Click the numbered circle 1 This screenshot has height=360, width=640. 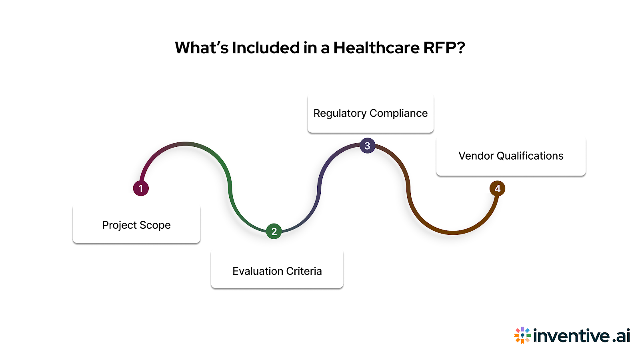click(141, 188)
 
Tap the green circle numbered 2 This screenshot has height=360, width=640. click(274, 231)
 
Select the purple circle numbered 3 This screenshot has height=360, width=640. click(367, 146)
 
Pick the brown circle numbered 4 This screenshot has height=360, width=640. click(497, 188)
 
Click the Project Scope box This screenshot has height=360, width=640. click(136, 224)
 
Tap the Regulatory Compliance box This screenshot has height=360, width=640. click(370, 114)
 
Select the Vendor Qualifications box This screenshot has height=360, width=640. click(511, 156)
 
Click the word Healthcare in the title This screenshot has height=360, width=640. click(376, 48)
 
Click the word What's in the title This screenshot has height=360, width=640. click(201, 48)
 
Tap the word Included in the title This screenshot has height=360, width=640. click(266, 48)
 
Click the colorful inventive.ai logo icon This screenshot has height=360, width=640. click(522, 335)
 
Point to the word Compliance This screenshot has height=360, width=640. click(398, 114)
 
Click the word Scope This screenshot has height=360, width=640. click(155, 225)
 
